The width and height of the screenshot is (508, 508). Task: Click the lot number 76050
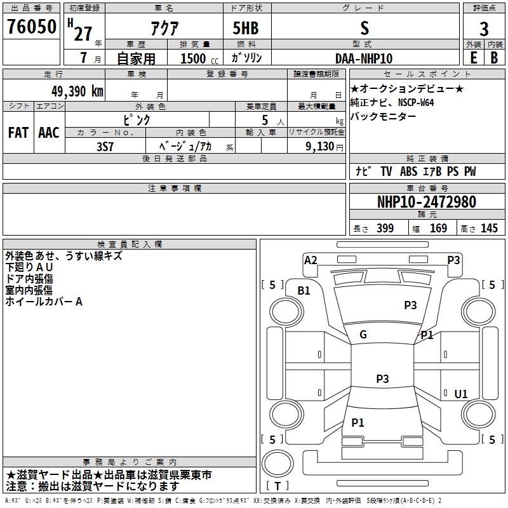(31, 28)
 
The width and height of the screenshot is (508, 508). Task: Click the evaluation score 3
(484, 29)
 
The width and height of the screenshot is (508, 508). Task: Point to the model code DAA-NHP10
(364, 58)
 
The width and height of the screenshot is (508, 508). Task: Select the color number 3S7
(105, 146)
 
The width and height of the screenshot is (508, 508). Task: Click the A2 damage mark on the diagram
(311, 260)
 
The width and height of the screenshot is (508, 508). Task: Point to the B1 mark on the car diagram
(304, 290)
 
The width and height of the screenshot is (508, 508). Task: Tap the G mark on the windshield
(363, 335)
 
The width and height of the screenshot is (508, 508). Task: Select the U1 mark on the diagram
(460, 394)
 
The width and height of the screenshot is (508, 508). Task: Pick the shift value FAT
(18, 133)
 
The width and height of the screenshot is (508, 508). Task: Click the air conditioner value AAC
(49, 133)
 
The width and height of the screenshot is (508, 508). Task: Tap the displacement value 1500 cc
(195, 58)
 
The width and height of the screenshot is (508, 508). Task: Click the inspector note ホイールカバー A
(44, 302)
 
